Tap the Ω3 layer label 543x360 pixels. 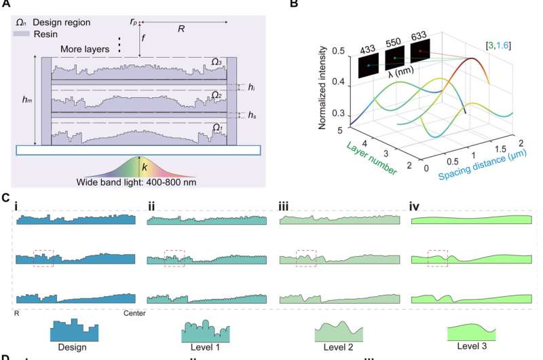215,62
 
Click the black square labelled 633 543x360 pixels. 422,53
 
